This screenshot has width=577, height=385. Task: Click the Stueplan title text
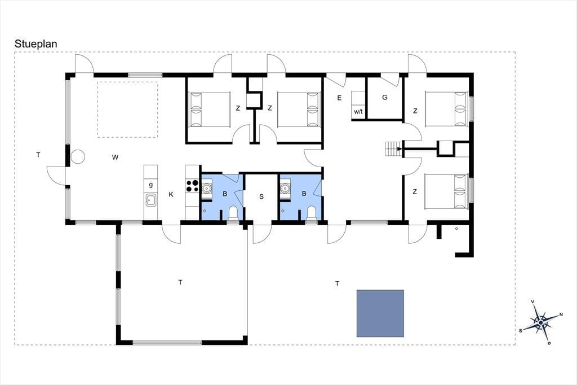35,44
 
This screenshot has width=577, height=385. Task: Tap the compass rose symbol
540,323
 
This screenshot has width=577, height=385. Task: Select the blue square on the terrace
380,313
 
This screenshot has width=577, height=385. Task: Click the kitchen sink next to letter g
150,200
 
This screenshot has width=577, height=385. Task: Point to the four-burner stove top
192,186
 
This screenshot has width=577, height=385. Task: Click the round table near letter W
78,157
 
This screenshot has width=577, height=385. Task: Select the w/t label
358,111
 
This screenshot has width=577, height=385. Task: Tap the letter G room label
385,98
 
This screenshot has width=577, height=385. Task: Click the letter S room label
261,196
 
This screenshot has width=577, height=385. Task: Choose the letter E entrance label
339,98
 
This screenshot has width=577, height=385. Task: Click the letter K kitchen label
171,194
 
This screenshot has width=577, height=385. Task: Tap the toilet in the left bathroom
233,213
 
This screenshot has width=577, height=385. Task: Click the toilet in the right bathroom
312,213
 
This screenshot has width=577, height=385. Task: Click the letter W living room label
115,158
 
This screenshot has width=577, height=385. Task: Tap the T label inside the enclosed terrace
180,282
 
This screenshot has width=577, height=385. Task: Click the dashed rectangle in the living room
128,110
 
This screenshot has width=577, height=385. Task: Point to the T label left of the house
38,155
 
